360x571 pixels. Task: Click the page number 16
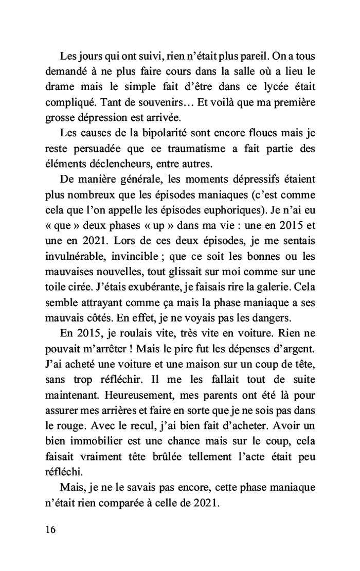click(51, 529)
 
